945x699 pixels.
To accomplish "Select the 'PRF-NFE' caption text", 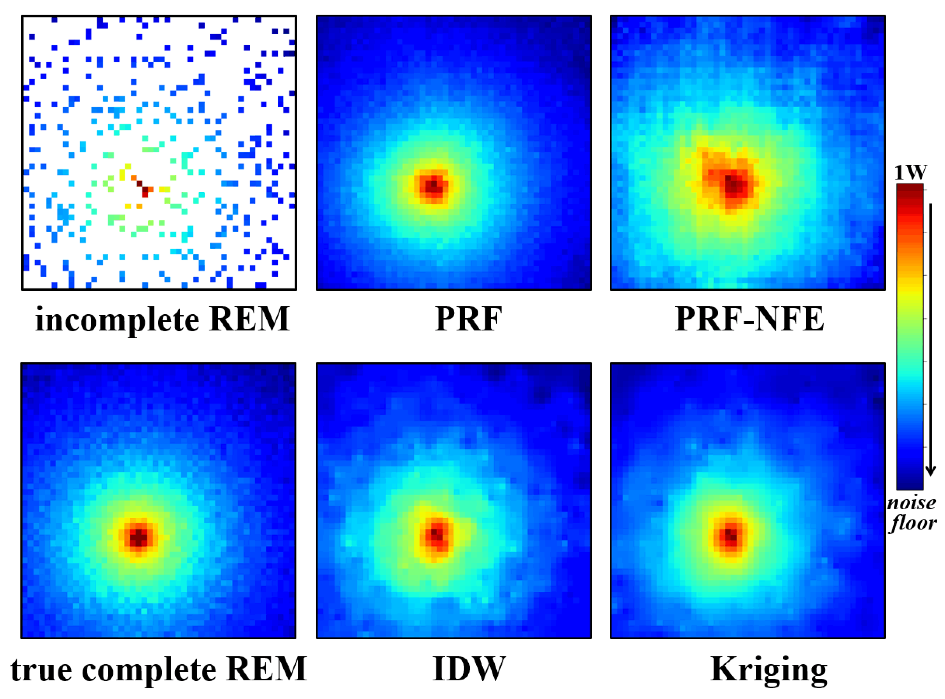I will point(749,319).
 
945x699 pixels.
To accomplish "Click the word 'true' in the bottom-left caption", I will point(41,670).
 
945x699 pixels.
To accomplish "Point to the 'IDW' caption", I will point(469,669).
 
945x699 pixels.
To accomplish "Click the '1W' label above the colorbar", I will point(910,172).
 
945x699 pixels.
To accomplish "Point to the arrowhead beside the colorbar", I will point(930,470).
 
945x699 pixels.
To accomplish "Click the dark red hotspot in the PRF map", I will point(433,186).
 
